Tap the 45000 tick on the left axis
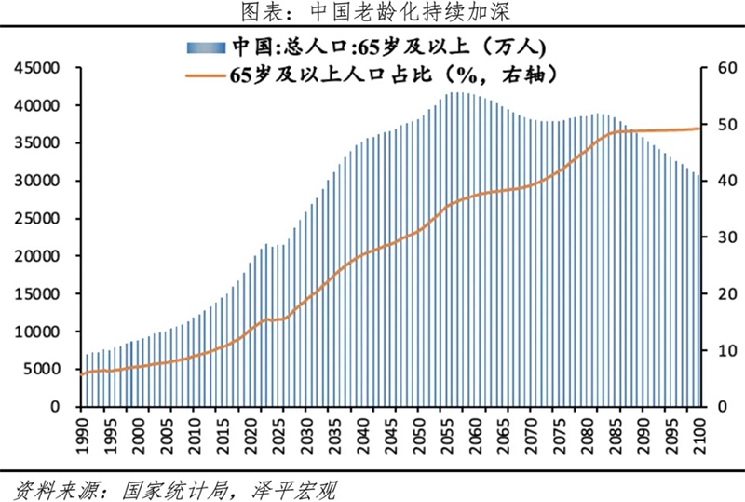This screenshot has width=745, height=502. [x=37, y=68]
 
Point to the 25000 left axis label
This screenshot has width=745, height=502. [x=37, y=219]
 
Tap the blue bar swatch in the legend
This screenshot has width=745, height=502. [x=206, y=46]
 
